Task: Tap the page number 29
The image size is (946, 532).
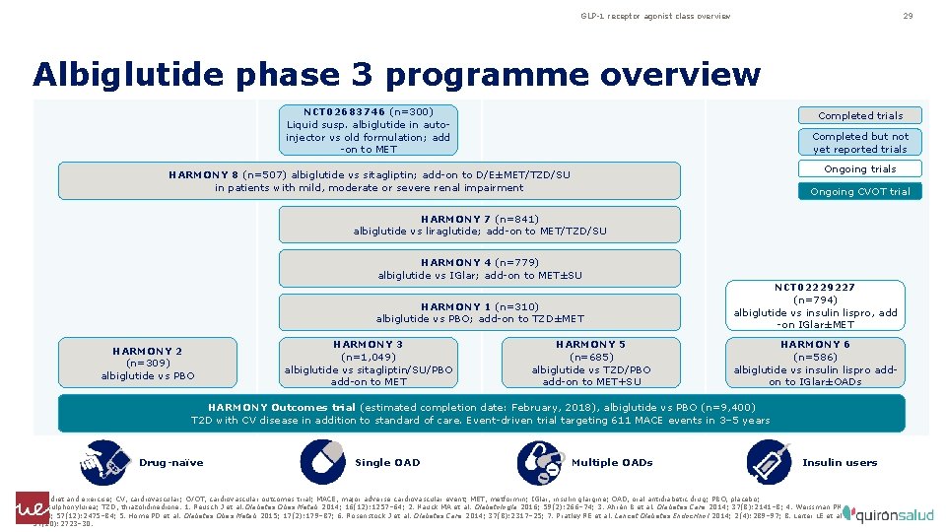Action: click(908, 16)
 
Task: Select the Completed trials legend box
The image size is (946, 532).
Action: click(860, 115)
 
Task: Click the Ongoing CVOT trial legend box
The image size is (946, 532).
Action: click(860, 191)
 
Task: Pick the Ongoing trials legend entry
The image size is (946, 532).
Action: click(860, 168)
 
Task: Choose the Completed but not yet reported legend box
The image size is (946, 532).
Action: click(860, 143)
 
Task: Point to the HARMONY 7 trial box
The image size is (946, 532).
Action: click(480, 225)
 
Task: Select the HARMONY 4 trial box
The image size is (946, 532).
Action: click(480, 269)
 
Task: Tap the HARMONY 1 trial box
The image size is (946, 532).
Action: click(480, 312)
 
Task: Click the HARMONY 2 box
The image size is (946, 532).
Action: click(148, 363)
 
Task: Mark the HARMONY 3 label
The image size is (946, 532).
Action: click(369, 344)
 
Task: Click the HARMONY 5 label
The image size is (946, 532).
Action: click(591, 344)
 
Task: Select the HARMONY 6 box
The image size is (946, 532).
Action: click(815, 363)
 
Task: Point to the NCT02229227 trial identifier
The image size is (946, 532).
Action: click(815, 287)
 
